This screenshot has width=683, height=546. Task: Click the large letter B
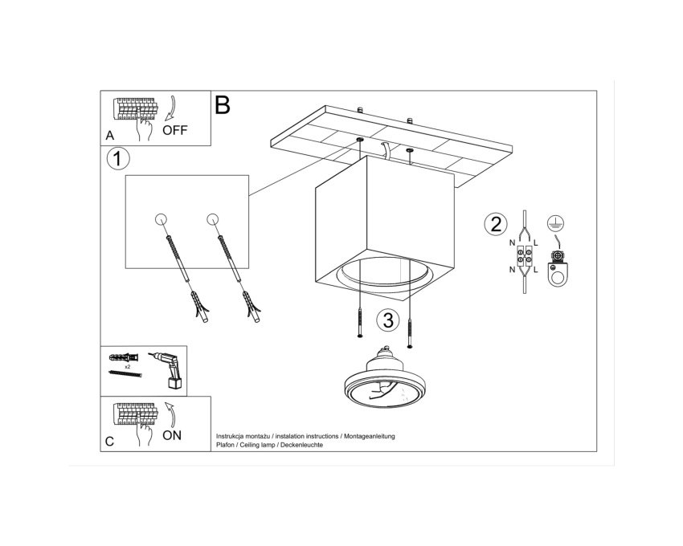pos(222,105)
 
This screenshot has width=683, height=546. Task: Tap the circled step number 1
pos(118,158)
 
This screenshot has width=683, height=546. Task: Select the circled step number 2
pos(496,224)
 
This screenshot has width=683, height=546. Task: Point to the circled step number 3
pos(388,320)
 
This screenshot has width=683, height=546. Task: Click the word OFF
pos(174,130)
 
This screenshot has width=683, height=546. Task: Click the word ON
pos(172,435)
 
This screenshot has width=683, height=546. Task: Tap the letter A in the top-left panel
pos(110,136)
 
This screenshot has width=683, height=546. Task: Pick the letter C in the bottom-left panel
pos(109,441)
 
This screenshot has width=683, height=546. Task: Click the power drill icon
pos(168,370)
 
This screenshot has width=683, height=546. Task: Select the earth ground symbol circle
pos(556,223)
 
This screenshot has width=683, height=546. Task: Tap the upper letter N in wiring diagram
pos(513,243)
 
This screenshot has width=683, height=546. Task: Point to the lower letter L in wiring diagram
pos(536,270)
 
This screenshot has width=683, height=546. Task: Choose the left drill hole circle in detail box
pos(161,219)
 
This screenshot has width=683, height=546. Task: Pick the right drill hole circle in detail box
pos(213,219)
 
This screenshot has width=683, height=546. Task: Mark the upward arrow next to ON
pos(170,414)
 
